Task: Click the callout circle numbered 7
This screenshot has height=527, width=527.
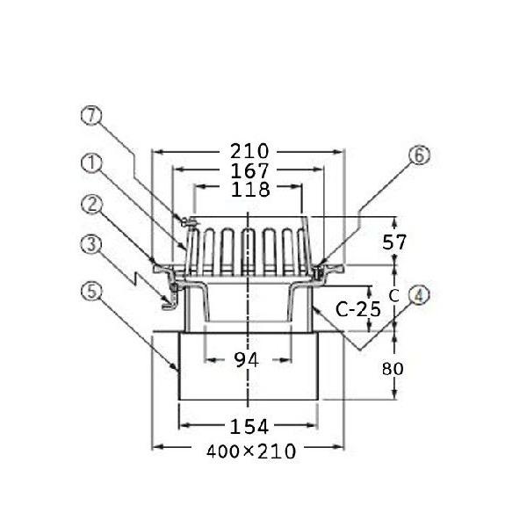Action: tap(91, 115)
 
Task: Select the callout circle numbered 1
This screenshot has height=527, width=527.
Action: tap(91, 163)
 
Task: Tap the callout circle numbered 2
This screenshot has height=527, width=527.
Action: tap(91, 205)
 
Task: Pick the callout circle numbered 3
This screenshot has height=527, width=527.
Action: tap(91, 244)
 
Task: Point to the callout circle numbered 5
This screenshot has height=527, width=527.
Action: tap(91, 291)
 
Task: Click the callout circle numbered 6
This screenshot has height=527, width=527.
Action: tap(419, 155)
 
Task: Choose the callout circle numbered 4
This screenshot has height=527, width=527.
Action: tap(419, 295)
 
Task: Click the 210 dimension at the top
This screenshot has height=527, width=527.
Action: tap(249, 152)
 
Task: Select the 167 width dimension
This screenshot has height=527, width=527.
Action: tap(249, 170)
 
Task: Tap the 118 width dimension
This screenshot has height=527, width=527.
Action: tap(250, 190)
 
